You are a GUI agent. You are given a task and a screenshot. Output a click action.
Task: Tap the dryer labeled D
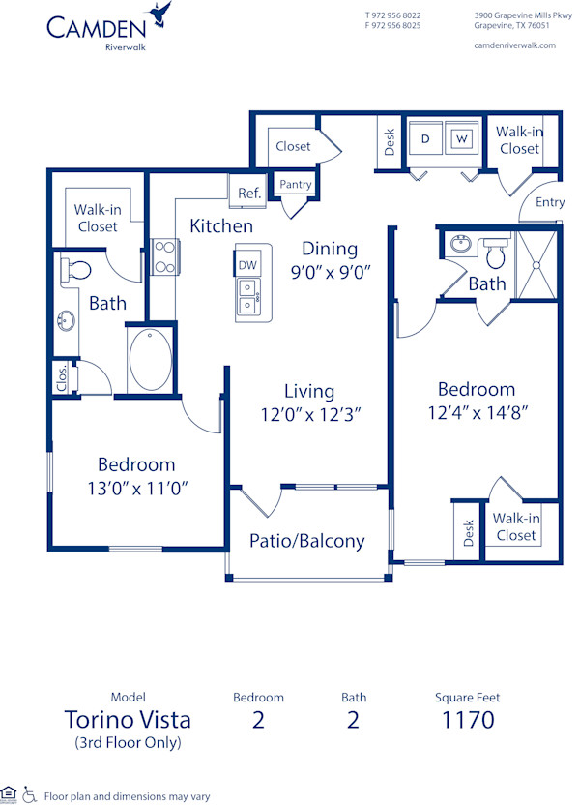coord(425,139)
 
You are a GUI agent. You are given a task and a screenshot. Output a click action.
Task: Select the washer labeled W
coord(462,139)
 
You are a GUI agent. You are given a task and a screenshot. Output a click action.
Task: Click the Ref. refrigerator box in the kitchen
coord(249,193)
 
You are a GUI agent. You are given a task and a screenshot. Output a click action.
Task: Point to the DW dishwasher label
coord(247,264)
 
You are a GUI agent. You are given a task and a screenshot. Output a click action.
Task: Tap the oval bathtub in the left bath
coord(150,360)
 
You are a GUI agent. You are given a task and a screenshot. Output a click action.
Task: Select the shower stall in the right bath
coord(537,264)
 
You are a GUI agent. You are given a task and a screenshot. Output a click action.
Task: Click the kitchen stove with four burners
coord(164,256)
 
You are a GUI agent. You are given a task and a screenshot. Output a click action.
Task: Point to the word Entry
coord(550,202)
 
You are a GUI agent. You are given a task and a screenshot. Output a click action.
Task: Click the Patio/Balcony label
coord(307,541)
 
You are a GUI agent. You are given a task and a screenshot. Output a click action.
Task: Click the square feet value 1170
coord(468,720)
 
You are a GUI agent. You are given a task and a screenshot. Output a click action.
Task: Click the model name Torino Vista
coord(127,720)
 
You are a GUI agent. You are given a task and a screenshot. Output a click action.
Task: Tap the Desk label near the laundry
coord(389,142)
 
